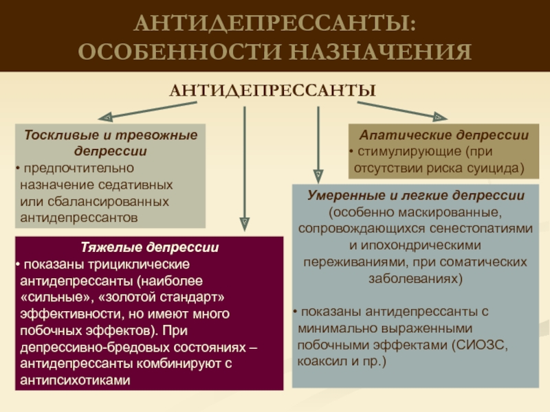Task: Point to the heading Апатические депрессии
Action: (439, 135)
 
